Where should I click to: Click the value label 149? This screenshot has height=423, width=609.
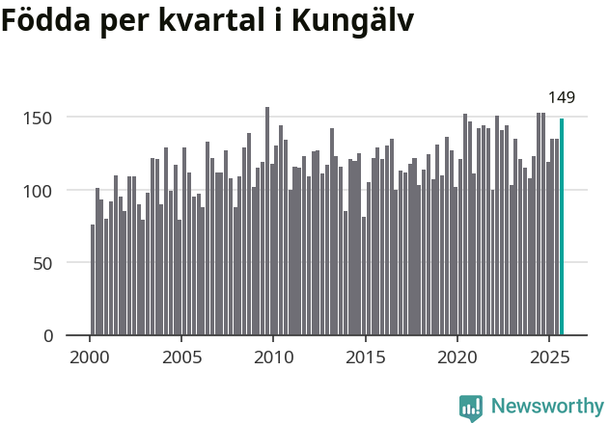[x=562, y=97]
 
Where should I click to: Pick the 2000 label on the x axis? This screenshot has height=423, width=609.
[x=90, y=357]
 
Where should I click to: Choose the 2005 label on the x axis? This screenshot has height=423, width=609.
[x=181, y=357]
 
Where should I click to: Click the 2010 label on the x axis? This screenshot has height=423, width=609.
[x=273, y=357]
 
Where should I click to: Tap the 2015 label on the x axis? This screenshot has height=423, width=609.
[x=365, y=357]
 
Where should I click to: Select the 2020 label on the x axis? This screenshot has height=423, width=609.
[x=457, y=357]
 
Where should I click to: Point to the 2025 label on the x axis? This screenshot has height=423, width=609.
[x=548, y=357]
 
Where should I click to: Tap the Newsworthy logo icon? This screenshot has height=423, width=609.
[x=470, y=408]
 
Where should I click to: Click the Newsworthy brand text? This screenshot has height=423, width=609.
[x=546, y=407]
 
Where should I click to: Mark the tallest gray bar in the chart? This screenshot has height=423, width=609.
[x=267, y=222]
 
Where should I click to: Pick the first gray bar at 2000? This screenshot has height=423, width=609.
[x=93, y=280]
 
